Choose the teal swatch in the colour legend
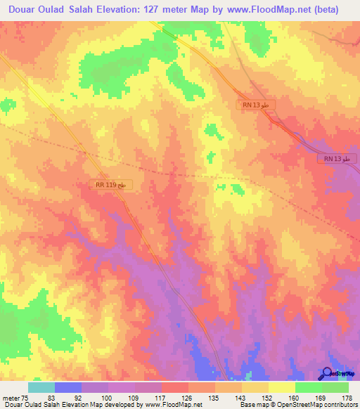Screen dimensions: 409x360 coord(41,387)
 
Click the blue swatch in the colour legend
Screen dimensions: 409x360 coord(68,387)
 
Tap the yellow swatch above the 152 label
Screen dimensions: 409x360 coord(255,387)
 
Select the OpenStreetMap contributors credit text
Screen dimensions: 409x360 coord(321,405)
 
